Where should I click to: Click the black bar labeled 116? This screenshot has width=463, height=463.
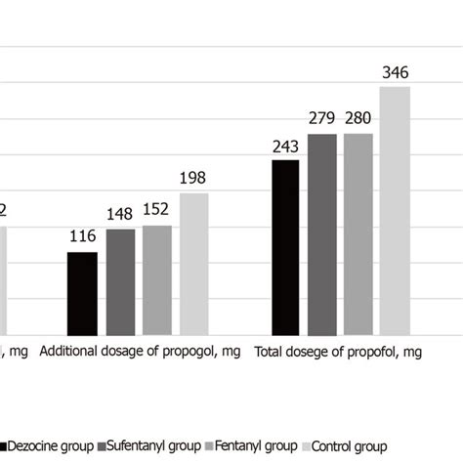click(82, 293)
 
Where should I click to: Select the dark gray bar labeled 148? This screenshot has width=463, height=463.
click(120, 282)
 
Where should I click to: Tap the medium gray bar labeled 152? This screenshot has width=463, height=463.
click(157, 280)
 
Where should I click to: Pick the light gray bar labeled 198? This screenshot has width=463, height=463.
click(193, 264)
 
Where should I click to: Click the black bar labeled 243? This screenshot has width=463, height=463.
click(285, 247)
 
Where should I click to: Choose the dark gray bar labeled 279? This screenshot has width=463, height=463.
click(322, 234)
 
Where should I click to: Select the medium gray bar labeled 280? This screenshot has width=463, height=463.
click(358, 234)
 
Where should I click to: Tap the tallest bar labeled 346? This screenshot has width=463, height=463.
click(395, 210)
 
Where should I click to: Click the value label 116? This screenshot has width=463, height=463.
click(82, 237)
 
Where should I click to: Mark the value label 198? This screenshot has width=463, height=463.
click(193, 178)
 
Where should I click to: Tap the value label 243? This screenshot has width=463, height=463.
click(285, 146)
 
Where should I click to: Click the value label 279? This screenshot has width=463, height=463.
click(322, 119)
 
